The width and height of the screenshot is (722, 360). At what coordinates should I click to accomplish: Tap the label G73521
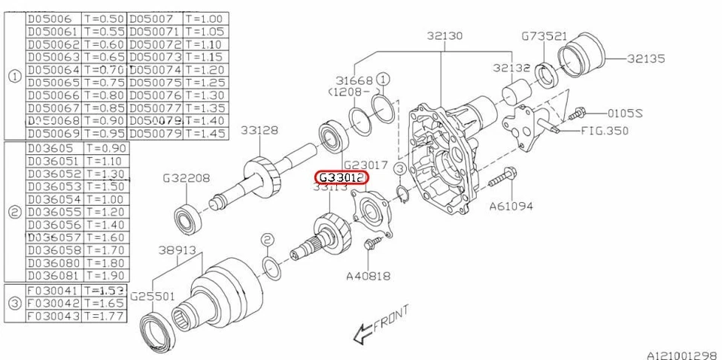click(545, 36)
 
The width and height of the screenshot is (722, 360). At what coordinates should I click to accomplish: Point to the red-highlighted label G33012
click(341, 177)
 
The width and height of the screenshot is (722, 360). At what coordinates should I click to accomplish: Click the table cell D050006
click(53, 18)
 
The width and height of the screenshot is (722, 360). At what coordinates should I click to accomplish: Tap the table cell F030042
click(53, 303)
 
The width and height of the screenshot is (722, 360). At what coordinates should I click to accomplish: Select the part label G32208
click(187, 179)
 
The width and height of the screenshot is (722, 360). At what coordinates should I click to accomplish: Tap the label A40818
click(368, 276)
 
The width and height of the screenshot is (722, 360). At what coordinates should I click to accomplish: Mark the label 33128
click(259, 130)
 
